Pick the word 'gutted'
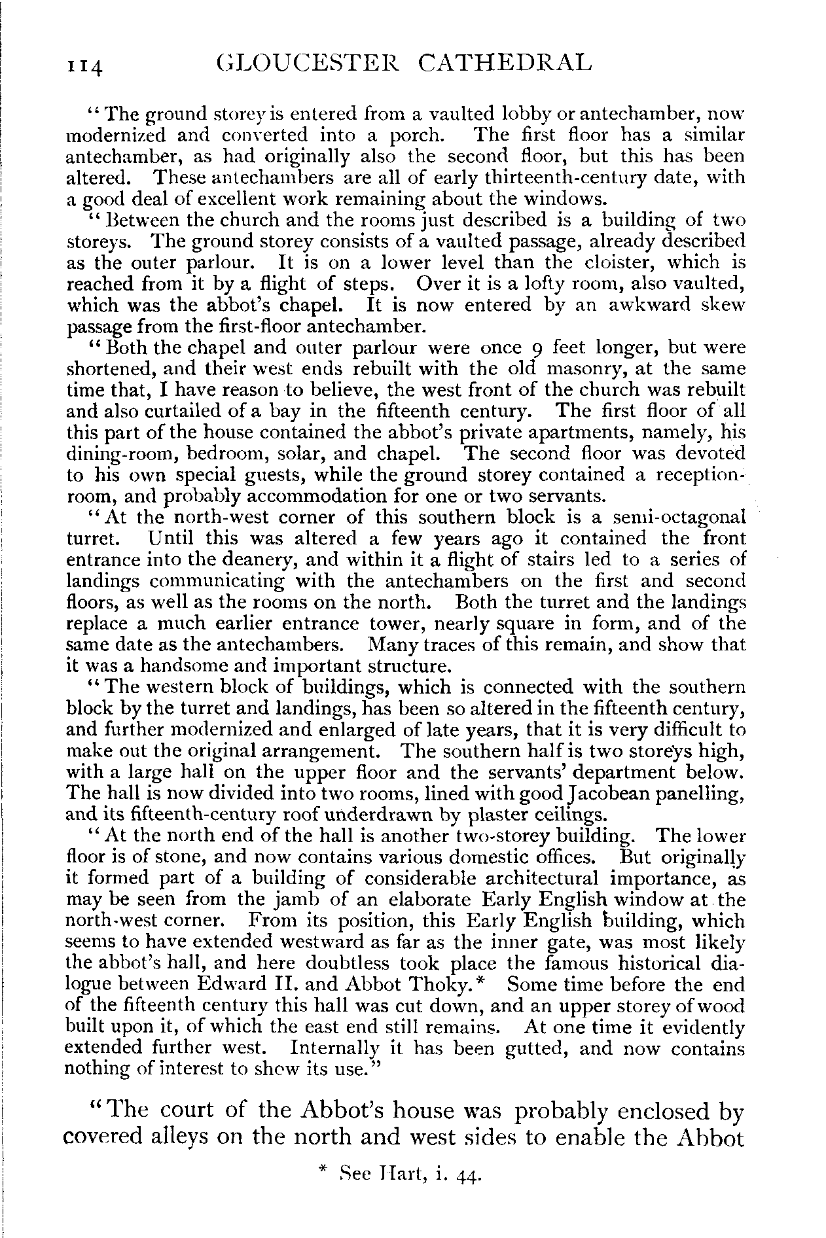[x=550, y=1048]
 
